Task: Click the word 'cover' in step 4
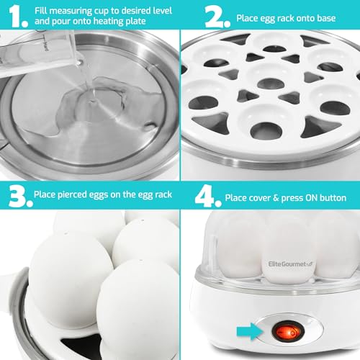[265, 197]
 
